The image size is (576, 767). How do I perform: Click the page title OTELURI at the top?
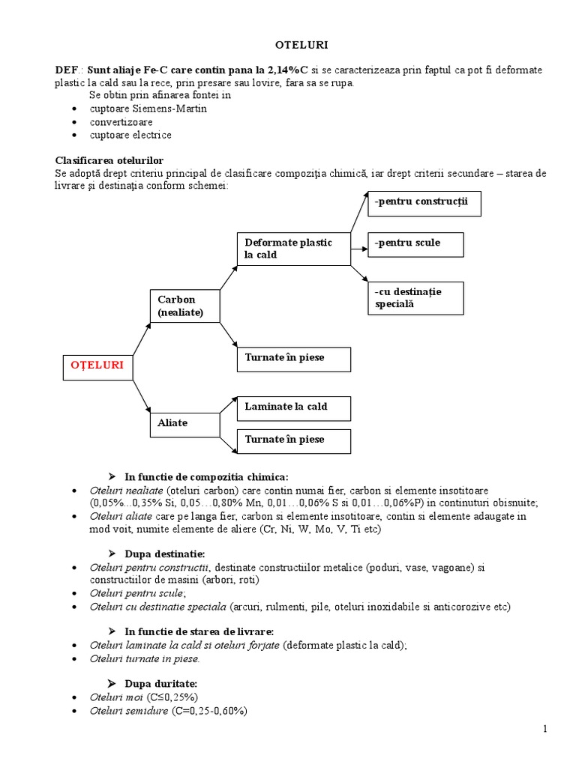coord(289,45)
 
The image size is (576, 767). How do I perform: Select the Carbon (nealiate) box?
coord(184,306)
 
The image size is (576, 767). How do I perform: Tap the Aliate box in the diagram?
coord(184,423)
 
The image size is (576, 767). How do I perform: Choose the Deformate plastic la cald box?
coord(294,249)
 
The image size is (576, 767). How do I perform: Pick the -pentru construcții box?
coord(424,203)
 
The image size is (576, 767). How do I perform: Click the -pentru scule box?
coord(415,243)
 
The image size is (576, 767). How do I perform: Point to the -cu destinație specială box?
coord(425,298)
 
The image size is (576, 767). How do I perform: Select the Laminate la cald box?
coord(294,407)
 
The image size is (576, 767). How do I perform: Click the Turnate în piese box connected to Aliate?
coord(294,440)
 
